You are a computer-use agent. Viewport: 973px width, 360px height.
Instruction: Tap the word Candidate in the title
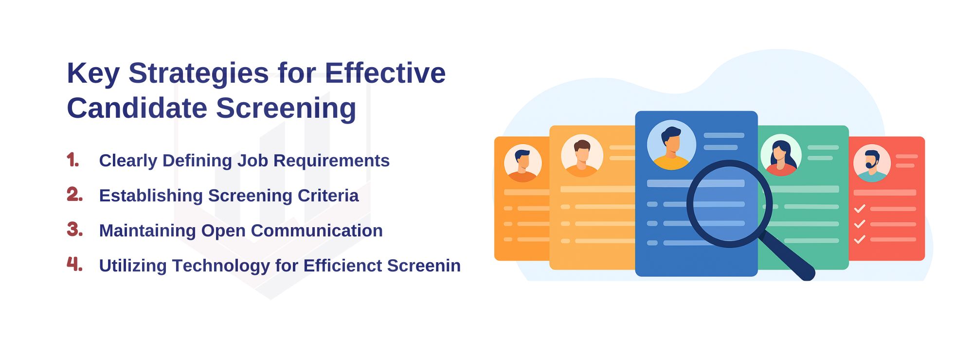(137, 108)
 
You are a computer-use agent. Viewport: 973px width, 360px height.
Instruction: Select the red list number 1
(73, 160)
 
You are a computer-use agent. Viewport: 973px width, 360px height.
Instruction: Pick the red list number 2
(75, 195)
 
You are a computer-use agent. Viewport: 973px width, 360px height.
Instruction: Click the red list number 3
(75, 229)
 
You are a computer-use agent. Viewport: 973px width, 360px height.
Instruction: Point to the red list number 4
(75, 264)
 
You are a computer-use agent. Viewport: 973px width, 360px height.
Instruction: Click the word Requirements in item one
(331, 161)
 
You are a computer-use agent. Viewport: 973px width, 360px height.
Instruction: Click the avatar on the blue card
(671, 144)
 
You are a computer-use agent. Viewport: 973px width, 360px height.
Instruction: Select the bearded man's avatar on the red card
(872, 163)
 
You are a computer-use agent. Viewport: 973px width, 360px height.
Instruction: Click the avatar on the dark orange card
(523, 163)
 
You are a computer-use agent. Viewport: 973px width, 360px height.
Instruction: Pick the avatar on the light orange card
(582, 156)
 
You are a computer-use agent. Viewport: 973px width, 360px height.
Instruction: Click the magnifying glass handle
(787, 256)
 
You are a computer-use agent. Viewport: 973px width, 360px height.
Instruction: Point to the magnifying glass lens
(729, 204)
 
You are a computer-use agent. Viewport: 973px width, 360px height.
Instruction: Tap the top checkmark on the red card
(860, 209)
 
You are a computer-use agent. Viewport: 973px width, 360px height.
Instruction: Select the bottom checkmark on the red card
(860, 239)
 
